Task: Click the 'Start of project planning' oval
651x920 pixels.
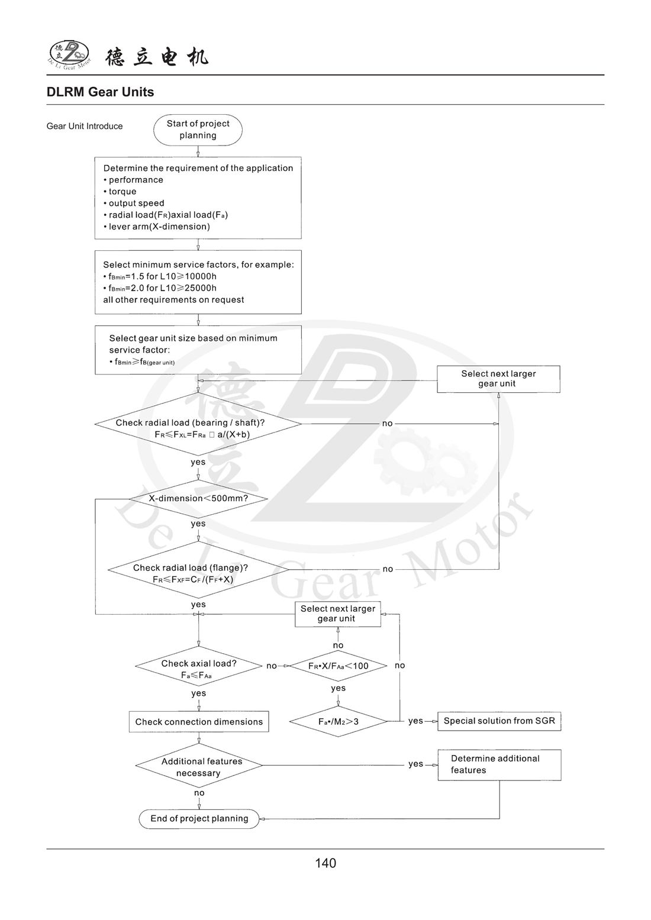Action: (198, 130)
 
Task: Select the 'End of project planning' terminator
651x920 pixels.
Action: (199, 819)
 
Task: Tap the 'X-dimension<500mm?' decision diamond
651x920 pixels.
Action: (198, 499)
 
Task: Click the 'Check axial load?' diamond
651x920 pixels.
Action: (198, 669)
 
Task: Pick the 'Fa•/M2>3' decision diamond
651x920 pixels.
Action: (338, 722)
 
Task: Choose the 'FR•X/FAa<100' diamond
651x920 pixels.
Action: (338, 666)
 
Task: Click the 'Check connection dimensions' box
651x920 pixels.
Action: (199, 722)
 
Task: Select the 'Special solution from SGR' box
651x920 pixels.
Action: (499, 721)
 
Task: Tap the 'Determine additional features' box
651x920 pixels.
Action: (499, 764)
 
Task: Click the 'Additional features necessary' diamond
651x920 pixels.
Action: (199, 767)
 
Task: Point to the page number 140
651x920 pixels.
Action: (325, 863)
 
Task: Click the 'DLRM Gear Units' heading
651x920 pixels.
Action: (100, 92)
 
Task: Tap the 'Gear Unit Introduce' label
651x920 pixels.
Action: (85, 126)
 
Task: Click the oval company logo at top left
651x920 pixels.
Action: (69, 54)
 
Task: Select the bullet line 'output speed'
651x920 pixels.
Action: (136, 204)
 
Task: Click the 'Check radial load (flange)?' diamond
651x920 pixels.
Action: (198, 573)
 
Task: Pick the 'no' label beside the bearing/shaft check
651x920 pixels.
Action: (387, 424)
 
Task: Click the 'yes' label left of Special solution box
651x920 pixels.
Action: (415, 721)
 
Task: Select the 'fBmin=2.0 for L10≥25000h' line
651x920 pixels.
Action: (160, 288)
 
